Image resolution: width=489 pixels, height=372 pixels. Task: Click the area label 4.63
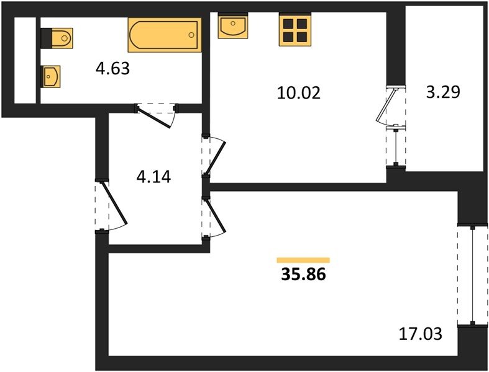[x=112, y=68]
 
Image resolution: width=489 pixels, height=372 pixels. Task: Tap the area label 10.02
[x=298, y=93]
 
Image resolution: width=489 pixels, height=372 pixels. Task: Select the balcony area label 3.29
[x=443, y=92]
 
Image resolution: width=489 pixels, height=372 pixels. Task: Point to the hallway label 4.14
[x=153, y=177]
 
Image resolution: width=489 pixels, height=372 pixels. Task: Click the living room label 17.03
[x=421, y=334]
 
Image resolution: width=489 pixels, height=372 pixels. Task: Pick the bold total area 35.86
[x=303, y=274]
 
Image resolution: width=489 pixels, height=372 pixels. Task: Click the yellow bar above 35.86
[x=303, y=260]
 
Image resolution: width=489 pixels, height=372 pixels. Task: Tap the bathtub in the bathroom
[x=165, y=35]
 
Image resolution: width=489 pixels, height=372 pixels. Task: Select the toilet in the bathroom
[x=57, y=38]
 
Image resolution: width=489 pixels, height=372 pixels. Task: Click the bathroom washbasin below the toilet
[x=50, y=76]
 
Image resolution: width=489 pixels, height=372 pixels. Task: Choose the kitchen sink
[x=233, y=25]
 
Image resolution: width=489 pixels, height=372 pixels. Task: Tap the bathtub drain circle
[x=191, y=35]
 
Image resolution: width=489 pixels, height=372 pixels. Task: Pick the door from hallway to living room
[x=216, y=217]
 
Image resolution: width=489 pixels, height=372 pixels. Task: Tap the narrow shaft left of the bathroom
[x=25, y=60]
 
